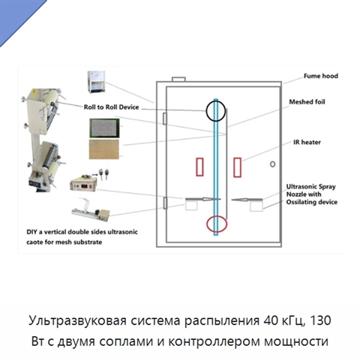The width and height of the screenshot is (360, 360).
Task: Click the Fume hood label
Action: pyautogui.click(x=321, y=76)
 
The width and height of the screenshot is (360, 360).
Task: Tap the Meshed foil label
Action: pyautogui.click(x=307, y=102)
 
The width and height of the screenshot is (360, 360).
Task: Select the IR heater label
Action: pyautogui.click(x=307, y=142)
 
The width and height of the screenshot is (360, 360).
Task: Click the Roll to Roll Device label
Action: pyautogui.click(x=111, y=107)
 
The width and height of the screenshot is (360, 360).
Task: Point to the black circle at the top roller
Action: pyautogui.click(x=206, y=111)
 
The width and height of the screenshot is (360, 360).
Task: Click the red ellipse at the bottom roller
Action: pyautogui.click(x=207, y=223)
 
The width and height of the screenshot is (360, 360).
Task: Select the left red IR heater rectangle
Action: pyautogui.click(x=199, y=166)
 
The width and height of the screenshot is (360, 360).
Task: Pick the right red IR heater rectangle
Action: pyautogui.click(x=237, y=167)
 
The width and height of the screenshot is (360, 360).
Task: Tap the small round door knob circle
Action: pyautogui.click(x=273, y=164)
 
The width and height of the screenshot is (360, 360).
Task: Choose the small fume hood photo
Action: pyautogui.click(x=97, y=82)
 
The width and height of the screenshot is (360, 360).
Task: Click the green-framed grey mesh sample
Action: pyautogui.click(x=104, y=128)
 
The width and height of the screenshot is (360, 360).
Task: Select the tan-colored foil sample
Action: pyautogui.click(x=104, y=149)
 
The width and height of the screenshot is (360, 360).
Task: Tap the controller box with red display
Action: pyautogui.click(x=83, y=184)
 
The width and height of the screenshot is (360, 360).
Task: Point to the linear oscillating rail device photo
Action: pyautogui.click(x=91, y=211)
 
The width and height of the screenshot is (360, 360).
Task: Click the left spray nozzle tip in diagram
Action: pyautogui.click(x=211, y=199)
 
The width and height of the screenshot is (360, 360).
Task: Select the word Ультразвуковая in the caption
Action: pyautogui.click(x=77, y=321)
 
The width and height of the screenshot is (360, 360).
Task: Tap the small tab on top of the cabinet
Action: pyautogui.click(x=178, y=79)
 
